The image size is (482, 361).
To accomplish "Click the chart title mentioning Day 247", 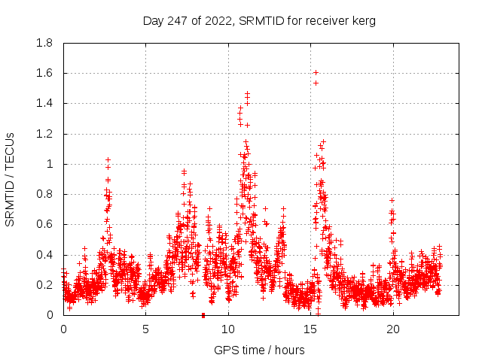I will coord(259,20).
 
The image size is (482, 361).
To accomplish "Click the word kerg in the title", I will coord(362,21).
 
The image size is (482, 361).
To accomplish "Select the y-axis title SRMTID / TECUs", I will coord(10,179).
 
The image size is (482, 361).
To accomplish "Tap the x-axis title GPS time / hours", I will coord(259,350).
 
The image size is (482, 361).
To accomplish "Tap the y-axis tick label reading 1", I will coord(50,164).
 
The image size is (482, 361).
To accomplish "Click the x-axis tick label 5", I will coord(146,329).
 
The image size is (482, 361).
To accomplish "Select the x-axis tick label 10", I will coord(228,329).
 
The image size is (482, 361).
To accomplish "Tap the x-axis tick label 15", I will coord(310,329).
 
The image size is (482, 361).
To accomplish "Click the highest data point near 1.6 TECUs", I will coord(316,73).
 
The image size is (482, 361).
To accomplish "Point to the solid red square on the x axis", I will coord(203,315).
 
